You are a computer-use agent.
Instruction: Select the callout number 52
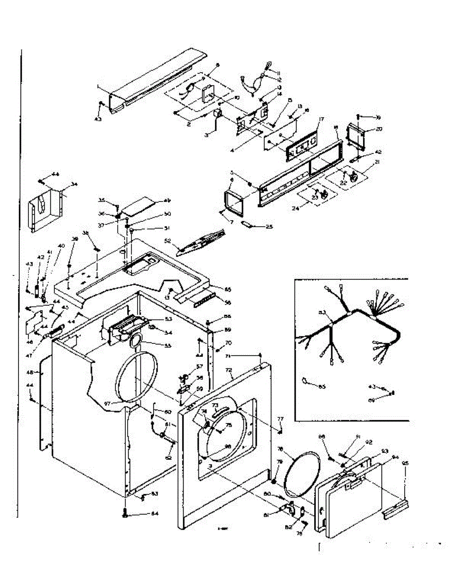tap(167, 241)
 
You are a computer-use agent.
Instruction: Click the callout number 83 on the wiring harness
tap(322, 312)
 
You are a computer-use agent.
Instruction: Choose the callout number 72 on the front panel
tap(229, 368)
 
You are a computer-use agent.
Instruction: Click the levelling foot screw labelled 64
tap(125, 514)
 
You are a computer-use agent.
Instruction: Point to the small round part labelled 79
tap(274, 481)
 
